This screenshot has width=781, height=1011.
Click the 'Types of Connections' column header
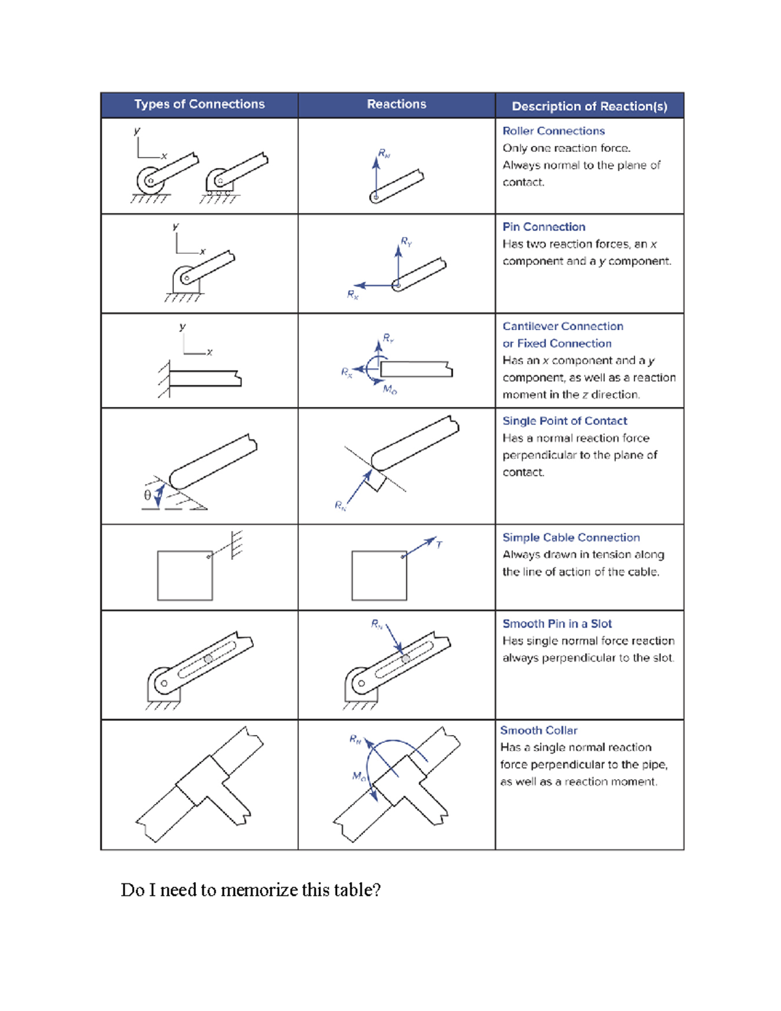(200, 104)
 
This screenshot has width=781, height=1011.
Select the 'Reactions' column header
(396, 104)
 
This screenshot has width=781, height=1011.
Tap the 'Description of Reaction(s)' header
(590, 107)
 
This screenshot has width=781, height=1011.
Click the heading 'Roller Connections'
(554, 131)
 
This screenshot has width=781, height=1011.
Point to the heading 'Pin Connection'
(543, 227)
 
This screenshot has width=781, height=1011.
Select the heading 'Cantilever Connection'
(563, 326)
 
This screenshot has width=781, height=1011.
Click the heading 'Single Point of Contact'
(565, 421)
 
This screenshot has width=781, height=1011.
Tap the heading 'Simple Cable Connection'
(571, 537)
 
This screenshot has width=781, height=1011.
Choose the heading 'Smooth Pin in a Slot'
(557, 624)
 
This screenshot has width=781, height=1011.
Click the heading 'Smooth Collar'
(539, 730)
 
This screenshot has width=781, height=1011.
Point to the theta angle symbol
(148, 495)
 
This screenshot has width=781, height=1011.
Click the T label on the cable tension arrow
(439, 545)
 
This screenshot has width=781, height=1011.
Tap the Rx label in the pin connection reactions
(353, 294)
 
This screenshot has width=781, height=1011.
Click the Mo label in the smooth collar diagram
(359, 776)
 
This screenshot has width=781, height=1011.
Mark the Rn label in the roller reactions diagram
(384, 153)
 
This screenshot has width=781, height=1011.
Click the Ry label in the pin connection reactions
(406, 242)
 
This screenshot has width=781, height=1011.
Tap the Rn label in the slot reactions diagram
(377, 624)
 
